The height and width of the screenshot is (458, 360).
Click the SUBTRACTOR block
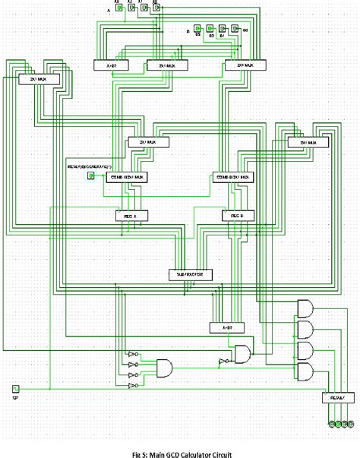coord(190,273)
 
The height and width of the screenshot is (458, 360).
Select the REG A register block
coord(131,216)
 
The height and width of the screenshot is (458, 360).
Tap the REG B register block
coord(232,216)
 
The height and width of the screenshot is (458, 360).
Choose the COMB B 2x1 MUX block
coord(233,177)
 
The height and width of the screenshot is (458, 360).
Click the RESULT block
coord(337,397)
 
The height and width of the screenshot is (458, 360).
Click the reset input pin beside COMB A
coord(90,175)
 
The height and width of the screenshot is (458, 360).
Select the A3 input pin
coord(118,10)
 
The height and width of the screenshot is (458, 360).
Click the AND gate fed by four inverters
coord(164,368)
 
